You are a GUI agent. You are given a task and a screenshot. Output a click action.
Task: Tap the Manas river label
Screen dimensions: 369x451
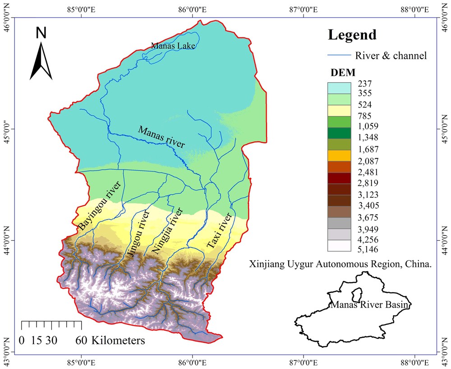click(161, 137)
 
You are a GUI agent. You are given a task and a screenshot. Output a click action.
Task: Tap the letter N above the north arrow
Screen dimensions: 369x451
click(41, 33)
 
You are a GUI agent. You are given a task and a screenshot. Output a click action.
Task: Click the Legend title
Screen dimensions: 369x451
click(352, 35)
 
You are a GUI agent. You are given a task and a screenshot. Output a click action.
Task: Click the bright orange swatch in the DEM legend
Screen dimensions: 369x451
click(340, 156)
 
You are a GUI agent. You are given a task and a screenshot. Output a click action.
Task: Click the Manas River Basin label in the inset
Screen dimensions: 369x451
click(370, 305)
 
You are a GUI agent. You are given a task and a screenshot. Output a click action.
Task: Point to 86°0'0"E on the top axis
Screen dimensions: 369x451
click(193, 8)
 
